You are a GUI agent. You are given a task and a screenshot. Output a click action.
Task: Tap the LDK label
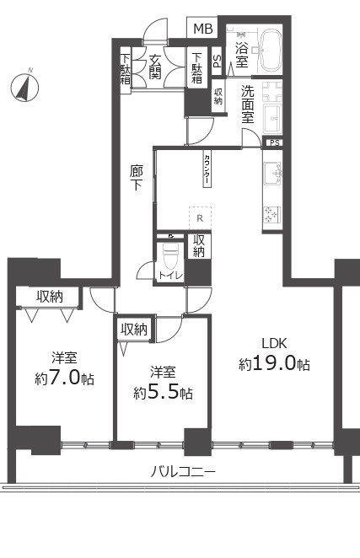tap(274, 344)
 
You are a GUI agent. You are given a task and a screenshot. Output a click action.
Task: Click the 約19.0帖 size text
tap(274, 365)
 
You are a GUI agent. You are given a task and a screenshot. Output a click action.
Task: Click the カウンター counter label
tap(207, 169)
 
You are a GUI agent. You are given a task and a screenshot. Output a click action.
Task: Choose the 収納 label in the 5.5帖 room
tap(133, 330)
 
